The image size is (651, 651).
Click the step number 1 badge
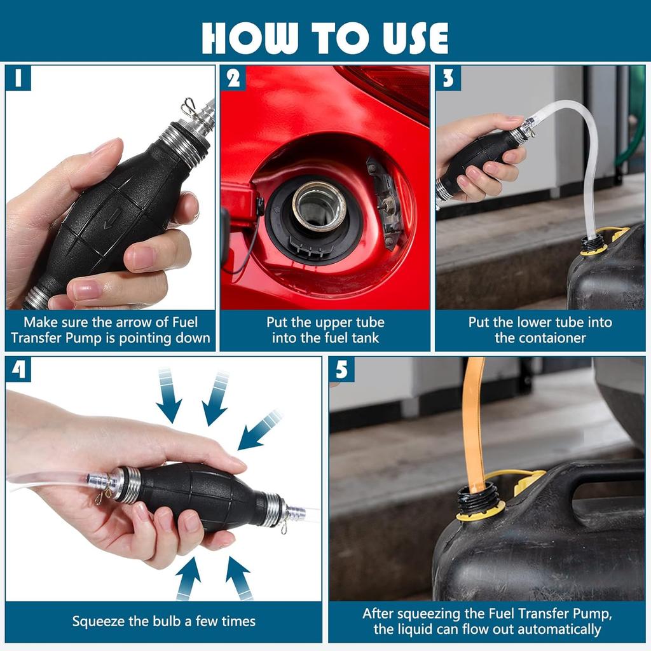click(x=18, y=78)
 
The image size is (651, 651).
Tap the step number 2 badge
click(x=233, y=78)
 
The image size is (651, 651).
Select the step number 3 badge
click(x=448, y=78)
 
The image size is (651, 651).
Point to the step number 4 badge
click(x=18, y=369)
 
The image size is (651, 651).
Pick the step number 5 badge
click(x=341, y=369)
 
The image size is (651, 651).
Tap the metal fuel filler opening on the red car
click(x=319, y=205)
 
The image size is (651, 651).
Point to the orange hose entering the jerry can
click(x=475, y=423)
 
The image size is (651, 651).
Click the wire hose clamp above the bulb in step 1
click(x=188, y=107)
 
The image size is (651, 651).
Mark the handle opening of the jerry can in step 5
click(x=606, y=490)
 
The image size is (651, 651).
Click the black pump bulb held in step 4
click(x=199, y=497)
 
